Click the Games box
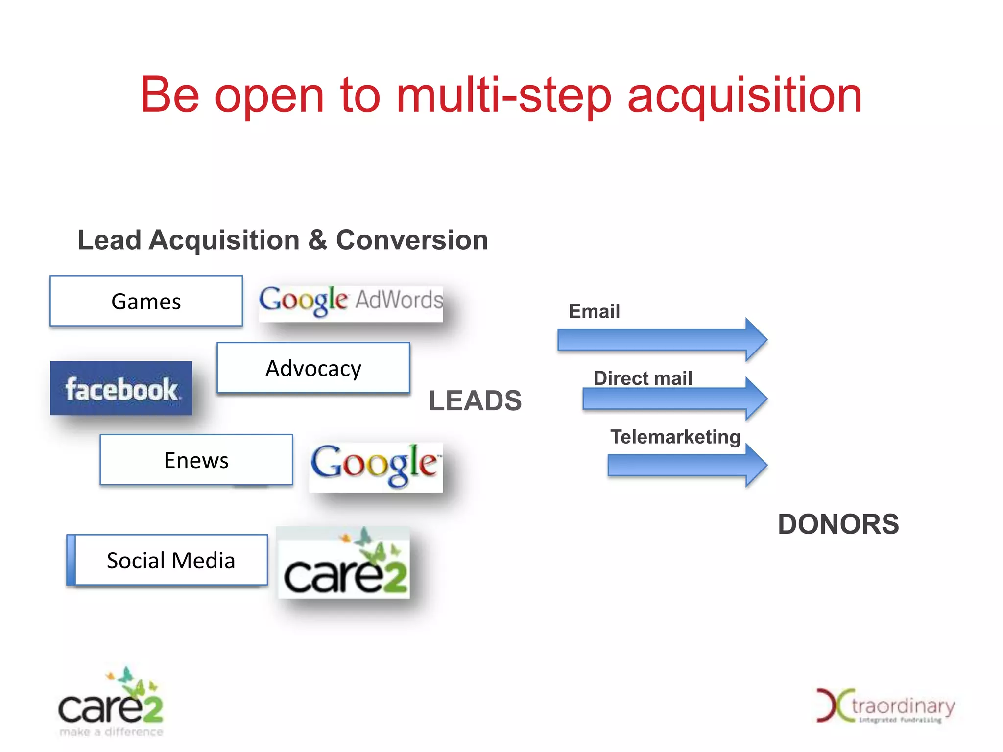[146, 301]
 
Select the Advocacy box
[313, 368]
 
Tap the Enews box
[196, 460]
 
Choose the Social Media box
[171, 560]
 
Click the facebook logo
[121, 388]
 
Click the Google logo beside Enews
[376, 466]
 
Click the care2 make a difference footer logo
[111, 703]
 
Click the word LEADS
[475, 401]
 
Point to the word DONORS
[838, 524]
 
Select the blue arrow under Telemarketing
[686, 465]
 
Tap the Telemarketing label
[675, 437]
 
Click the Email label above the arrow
[594, 311]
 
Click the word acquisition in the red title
[744, 95]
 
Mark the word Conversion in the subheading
[412, 240]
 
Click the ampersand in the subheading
[318, 240]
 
